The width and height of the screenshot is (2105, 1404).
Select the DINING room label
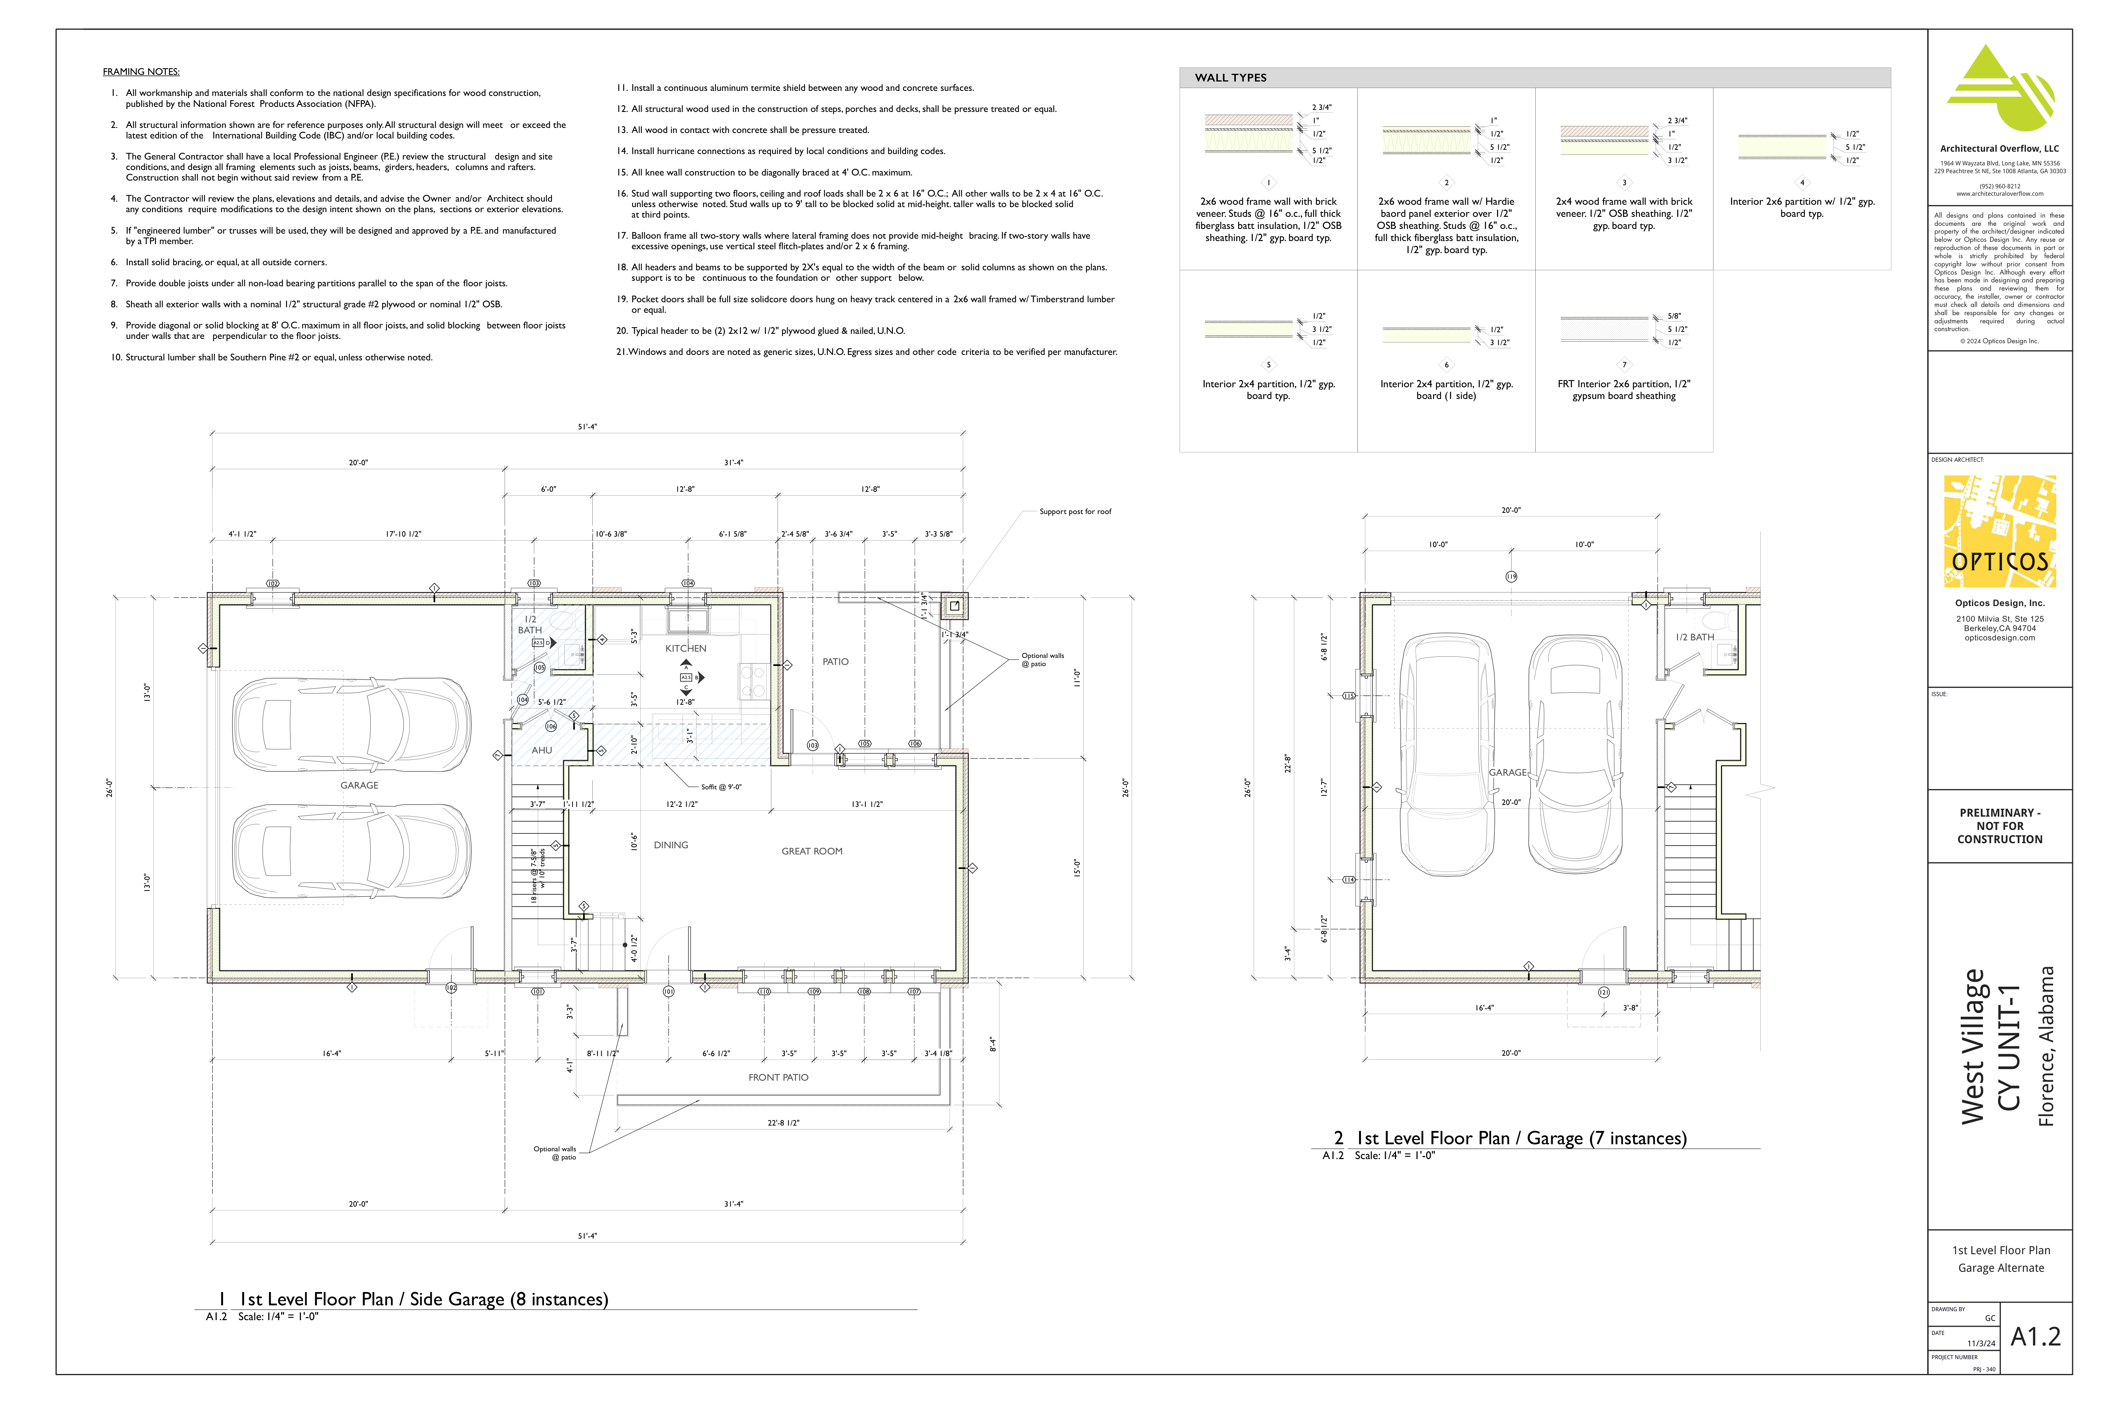(x=671, y=845)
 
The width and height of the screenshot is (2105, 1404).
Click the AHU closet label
(x=542, y=750)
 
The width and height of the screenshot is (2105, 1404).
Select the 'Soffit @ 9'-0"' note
(x=721, y=787)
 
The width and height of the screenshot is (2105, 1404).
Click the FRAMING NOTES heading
(x=140, y=72)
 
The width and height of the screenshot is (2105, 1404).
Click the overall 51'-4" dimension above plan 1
(x=587, y=427)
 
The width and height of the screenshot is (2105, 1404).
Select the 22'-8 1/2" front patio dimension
(x=783, y=1123)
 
